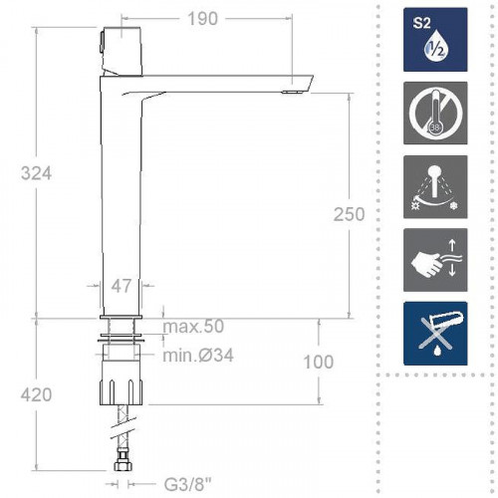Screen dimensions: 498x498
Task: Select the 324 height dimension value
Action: (x=37, y=172)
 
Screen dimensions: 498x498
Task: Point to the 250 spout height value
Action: (x=350, y=214)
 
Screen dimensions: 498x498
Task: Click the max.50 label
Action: (x=194, y=327)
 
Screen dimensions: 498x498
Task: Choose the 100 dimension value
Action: (x=318, y=363)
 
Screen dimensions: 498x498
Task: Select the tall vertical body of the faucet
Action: (x=122, y=199)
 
